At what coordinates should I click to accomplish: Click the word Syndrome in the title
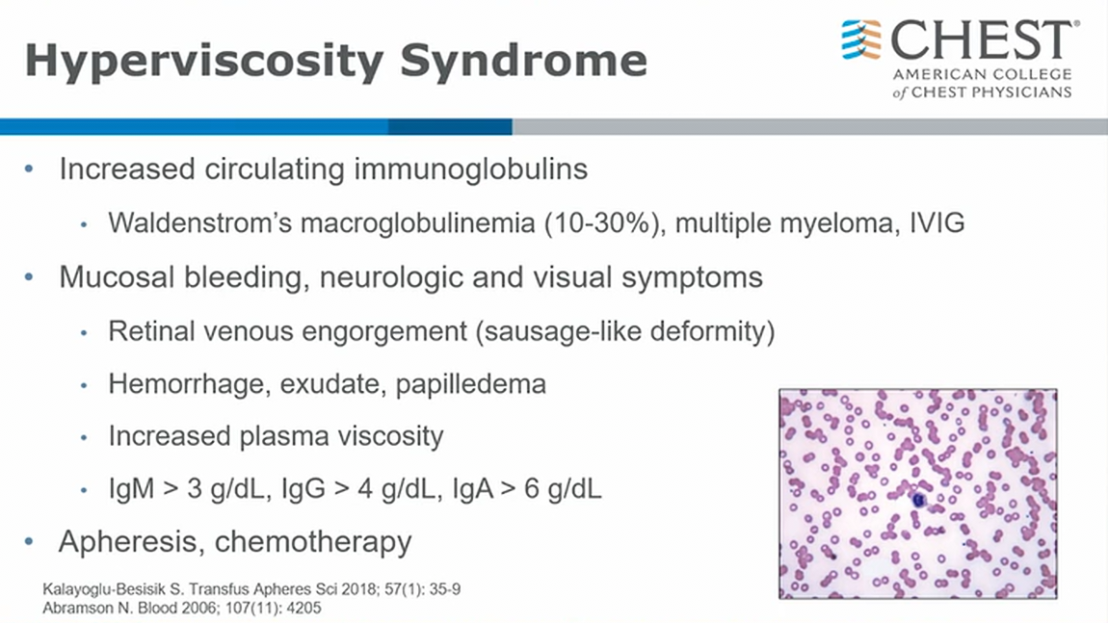pos(523,61)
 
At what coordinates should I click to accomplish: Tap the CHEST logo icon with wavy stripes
pos(861,39)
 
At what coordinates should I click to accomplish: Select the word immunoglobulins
pos(470,169)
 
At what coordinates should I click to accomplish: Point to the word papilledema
pos(470,385)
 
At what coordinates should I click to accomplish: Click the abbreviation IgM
pos(131,489)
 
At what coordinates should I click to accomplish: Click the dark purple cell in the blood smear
pos(918,500)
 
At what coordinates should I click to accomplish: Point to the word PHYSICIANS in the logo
pos(1030,92)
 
